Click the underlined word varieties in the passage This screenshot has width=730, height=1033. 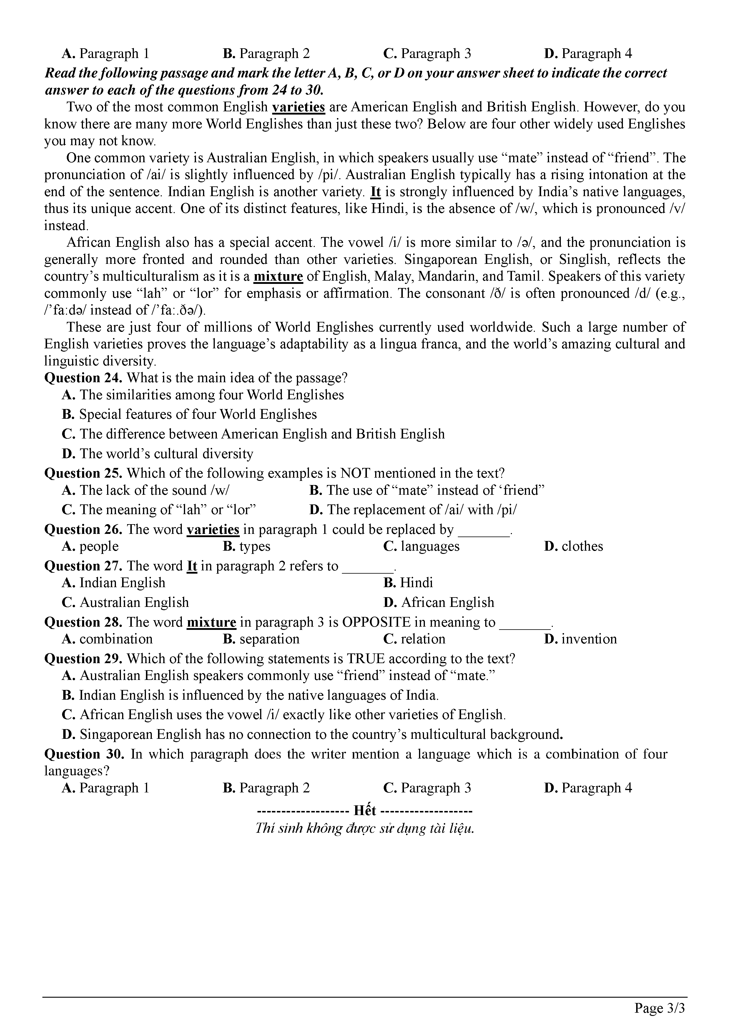pos(298,107)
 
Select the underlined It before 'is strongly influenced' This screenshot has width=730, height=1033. pos(375,192)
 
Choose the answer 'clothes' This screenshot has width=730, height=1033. pos(582,546)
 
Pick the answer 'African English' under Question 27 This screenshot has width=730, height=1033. pos(447,602)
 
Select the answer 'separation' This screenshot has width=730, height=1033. pos(269,639)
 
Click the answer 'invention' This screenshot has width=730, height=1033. pos(589,639)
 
